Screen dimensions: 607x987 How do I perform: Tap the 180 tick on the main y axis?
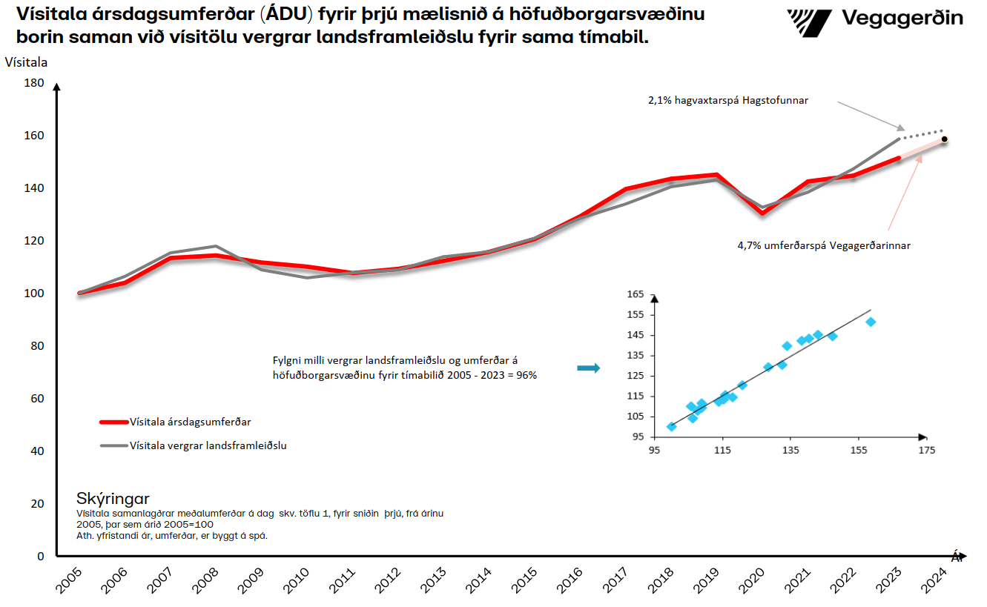34,83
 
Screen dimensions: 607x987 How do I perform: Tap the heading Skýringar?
113,498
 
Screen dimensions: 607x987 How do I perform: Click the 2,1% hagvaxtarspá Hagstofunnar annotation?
728,100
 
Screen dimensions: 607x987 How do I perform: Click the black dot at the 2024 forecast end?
944,139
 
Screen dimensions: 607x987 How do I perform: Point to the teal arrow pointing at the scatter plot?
588,368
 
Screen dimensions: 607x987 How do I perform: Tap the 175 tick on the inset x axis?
927,451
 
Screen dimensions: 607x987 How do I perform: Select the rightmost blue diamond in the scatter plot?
871,322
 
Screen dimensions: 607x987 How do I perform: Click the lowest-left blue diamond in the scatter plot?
671,426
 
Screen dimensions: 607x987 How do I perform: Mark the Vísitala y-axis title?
26,62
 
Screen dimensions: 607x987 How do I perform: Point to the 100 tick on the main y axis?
34,293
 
